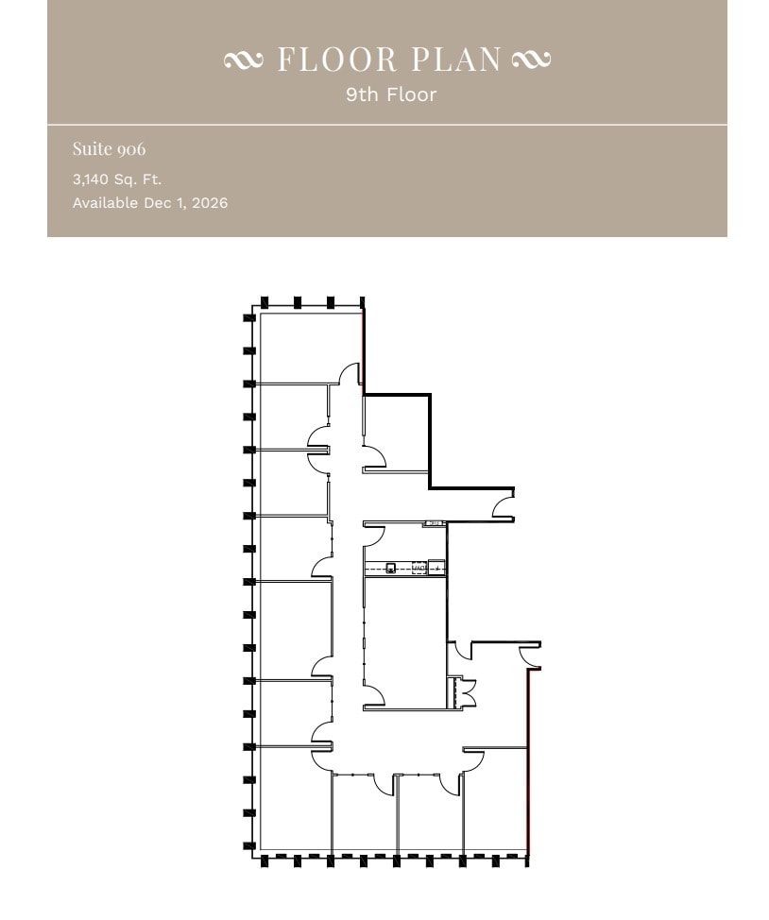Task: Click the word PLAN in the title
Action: (x=456, y=60)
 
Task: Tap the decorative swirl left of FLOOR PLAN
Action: (x=244, y=60)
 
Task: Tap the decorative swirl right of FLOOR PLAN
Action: (x=531, y=60)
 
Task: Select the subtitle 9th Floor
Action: (x=391, y=94)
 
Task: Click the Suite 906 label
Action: (x=109, y=149)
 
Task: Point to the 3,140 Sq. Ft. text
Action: (x=117, y=179)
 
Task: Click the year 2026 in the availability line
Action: (x=209, y=203)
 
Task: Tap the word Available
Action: (x=105, y=203)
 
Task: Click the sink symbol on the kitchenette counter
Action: (x=390, y=568)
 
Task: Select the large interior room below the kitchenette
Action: (x=404, y=642)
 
